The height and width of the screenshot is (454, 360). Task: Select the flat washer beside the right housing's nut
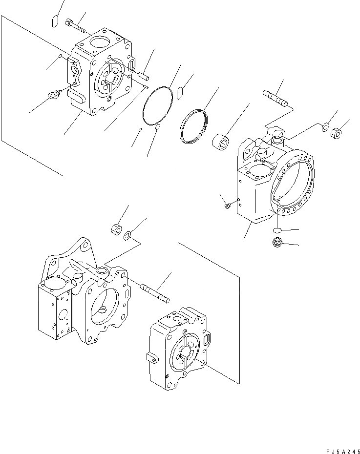point(325,127)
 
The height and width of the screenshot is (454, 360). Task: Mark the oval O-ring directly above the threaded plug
point(277,229)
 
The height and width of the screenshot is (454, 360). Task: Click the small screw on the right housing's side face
point(228,206)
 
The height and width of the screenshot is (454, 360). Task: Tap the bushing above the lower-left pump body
point(116,228)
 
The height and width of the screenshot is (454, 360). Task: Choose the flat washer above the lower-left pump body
point(127,237)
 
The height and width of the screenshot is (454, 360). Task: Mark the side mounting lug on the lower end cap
point(152,358)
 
